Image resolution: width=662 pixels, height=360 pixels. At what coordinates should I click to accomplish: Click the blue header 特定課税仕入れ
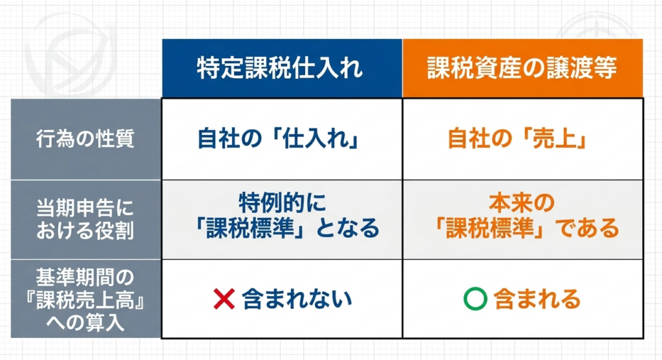(x=279, y=68)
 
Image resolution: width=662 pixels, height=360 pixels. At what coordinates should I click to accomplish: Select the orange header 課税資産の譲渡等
(x=522, y=68)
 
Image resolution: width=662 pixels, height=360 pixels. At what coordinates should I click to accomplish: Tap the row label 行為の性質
(x=85, y=138)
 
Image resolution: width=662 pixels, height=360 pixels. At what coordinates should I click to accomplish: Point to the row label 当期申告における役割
(x=85, y=219)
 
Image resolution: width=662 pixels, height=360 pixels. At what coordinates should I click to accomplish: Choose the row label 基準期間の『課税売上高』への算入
(x=85, y=300)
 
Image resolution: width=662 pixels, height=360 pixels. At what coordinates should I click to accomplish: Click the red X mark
(x=224, y=299)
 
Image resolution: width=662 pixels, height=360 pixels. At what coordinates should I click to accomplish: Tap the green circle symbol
(x=475, y=299)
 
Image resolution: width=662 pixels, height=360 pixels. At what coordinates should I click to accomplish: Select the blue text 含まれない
(x=297, y=299)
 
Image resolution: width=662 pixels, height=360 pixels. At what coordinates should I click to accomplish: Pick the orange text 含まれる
(x=537, y=299)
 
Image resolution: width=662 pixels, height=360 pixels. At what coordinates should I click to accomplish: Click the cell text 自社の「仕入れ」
(x=279, y=138)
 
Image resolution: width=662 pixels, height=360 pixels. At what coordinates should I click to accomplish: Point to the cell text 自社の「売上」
(x=518, y=138)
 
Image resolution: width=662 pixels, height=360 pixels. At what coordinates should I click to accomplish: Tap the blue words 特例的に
(x=283, y=202)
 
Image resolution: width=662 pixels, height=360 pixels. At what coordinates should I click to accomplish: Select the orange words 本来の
(x=522, y=202)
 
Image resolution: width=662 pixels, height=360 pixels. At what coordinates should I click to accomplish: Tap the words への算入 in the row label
(x=85, y=323)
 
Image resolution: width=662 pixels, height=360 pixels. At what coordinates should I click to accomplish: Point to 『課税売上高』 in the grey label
(x=85, y=300)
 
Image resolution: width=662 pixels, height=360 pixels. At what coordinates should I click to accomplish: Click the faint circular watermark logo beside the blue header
(x=70, y=55)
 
